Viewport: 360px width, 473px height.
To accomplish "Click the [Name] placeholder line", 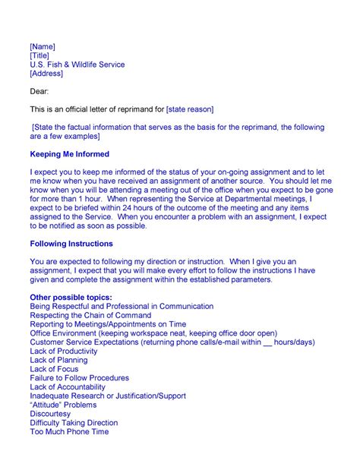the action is tap(43, 47).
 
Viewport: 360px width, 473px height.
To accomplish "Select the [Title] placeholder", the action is tap(41, 56).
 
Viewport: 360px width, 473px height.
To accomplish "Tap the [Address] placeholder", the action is tap(46, 74).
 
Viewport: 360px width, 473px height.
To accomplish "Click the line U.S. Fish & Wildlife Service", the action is tap(77, 65).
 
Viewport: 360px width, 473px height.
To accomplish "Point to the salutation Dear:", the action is tap(39, 92).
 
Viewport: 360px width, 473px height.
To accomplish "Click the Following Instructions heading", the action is tap(71, 244).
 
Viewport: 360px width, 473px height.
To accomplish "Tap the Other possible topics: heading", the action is tap(71, 297).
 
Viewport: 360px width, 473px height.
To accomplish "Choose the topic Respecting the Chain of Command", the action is tap(90, 315).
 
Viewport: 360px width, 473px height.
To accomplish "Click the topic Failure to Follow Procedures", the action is tap(79, 378).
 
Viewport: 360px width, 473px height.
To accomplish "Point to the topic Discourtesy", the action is tap(51, 414).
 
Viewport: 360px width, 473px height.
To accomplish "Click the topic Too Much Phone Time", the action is tap(69, 432).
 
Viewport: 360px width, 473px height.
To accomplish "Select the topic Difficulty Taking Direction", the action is tap(74, 423).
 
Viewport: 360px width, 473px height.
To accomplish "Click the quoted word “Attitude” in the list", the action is tap(47, 405).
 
